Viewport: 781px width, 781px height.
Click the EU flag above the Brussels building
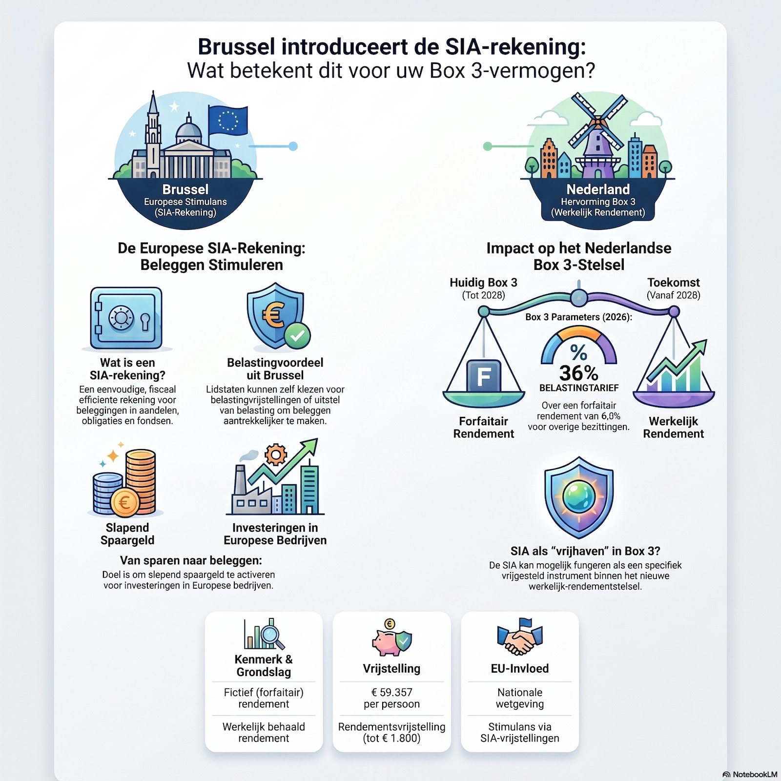tap(227, 121)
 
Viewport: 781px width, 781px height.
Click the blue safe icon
tap(126, 318)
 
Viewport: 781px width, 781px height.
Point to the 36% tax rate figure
tap(578, 373)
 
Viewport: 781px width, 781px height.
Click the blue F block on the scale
tap(484, 376)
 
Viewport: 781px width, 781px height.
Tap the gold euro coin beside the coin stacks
tap(124, 502)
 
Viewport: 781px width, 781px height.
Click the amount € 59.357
tap(391, 692)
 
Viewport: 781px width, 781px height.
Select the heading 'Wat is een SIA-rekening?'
tap(127, 369)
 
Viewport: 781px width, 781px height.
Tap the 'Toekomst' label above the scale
tap(674, 283)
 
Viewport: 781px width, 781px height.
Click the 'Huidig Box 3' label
tap(483, 283)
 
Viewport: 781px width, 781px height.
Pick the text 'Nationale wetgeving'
tap(520, 698)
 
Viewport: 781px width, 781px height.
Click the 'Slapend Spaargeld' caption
tap(127, 534)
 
